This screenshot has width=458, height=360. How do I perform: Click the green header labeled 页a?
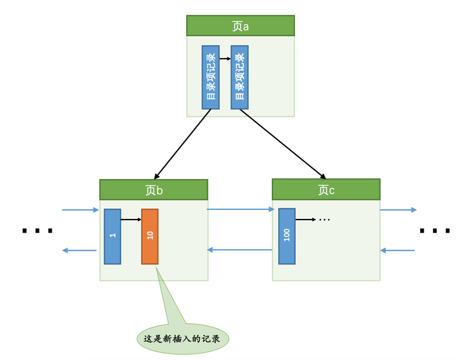coord(240,26)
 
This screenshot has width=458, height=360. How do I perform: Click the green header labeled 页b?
coord(153,190)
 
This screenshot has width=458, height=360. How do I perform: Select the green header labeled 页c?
coord(326,190)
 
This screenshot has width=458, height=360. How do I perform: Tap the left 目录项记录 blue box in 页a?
coord(211,77)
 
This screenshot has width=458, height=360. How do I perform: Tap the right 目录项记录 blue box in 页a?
coord(240,77)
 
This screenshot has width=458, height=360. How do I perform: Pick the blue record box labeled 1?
coord(113,236)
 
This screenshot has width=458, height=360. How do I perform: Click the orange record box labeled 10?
coord(150,236)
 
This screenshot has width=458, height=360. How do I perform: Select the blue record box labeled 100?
coord(287,236)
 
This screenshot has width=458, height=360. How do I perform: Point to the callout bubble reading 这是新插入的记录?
coord(183,338)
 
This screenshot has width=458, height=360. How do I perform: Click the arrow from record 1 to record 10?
coord(131,220)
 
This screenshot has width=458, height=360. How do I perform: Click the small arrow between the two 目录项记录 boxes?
coord(225,59)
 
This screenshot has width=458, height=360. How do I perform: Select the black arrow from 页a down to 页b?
coord(182,144)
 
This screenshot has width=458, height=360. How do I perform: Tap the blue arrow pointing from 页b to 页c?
coord(240,209)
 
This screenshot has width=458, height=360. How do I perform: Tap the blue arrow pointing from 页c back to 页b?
coord(240,250)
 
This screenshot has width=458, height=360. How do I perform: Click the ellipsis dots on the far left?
coord(37,231)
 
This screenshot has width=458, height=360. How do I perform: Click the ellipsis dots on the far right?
coord(435,231)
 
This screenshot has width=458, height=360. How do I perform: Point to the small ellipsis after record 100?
coord(325,220)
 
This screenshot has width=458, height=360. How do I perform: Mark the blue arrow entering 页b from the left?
coord(81,210)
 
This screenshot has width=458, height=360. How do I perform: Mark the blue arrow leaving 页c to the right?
coord(398,210)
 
